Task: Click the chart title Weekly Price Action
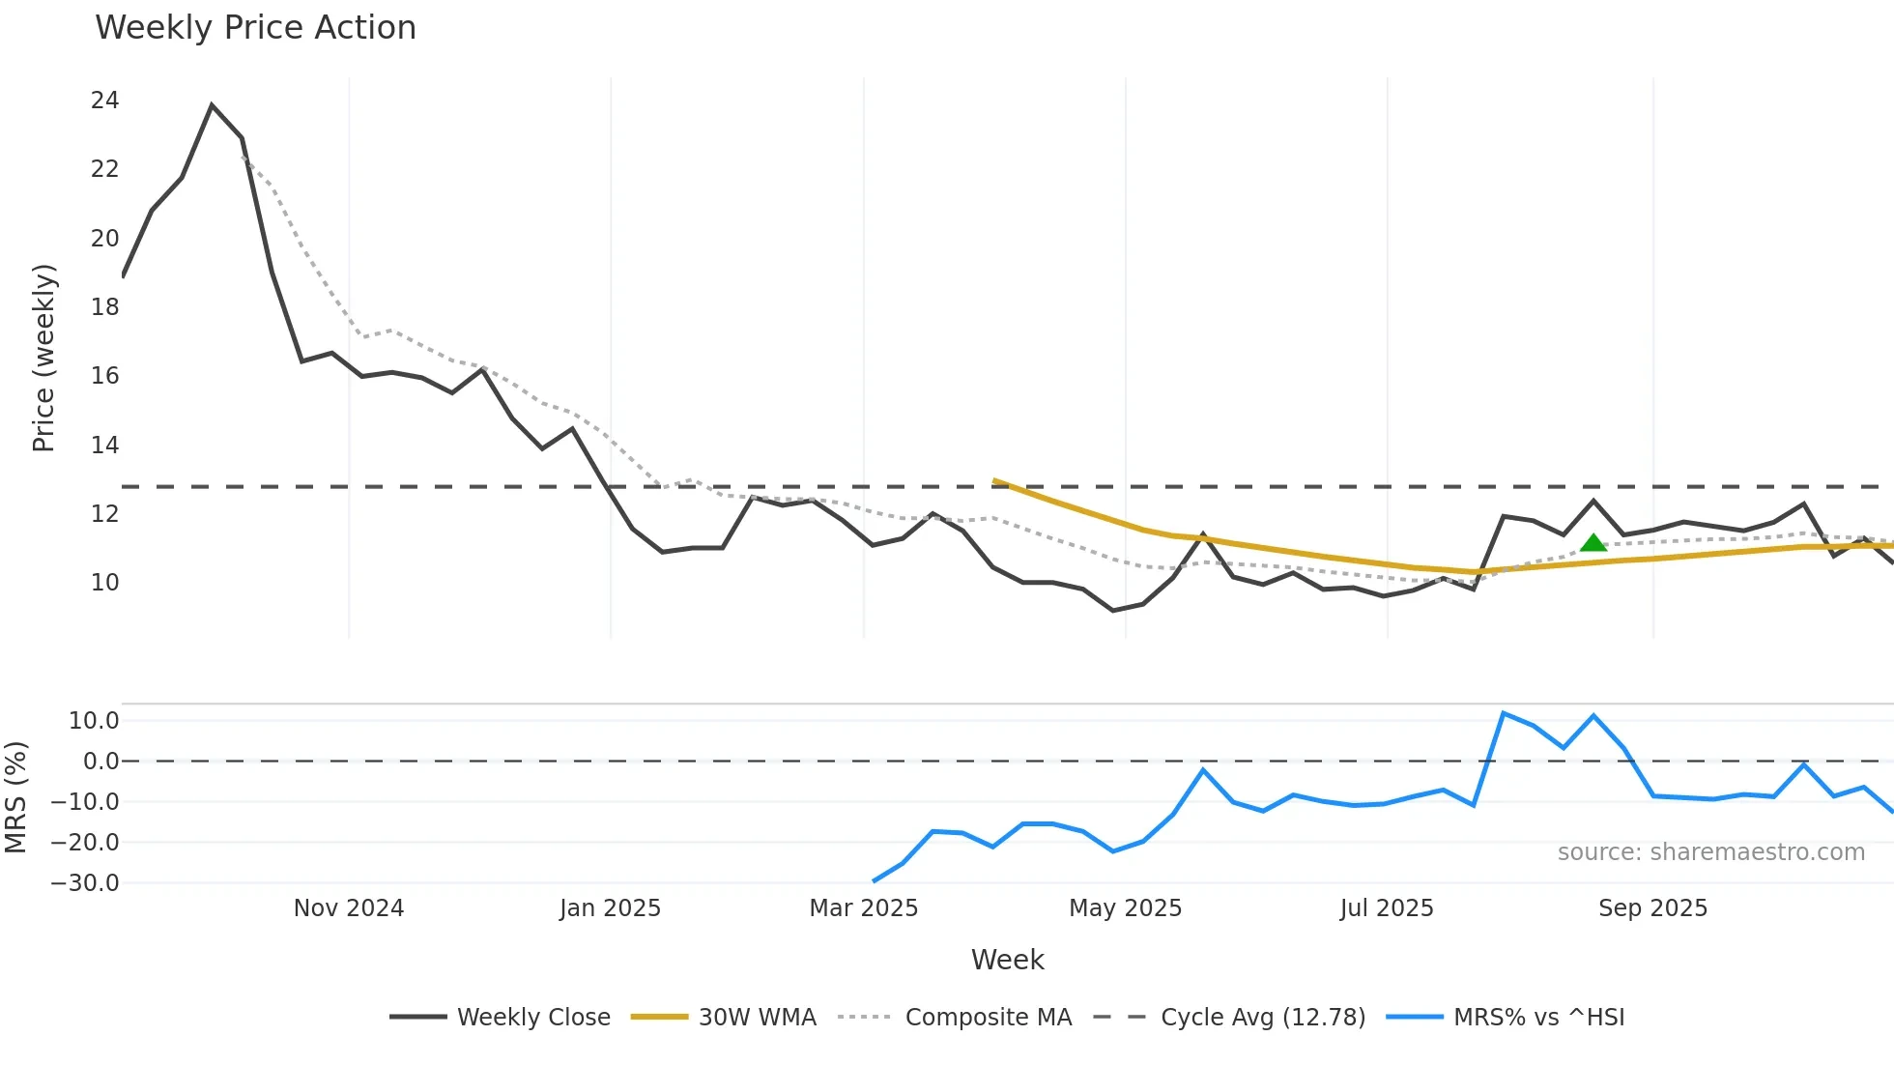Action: coord(255,28)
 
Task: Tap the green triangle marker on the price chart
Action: coord(1593,543)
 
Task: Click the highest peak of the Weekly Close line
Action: coord(212,105)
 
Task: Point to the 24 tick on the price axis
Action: coord(104,101)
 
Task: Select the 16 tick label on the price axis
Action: coord(104,376)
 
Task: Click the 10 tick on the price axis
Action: coord(104,583)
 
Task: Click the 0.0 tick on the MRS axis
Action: coord(100,762)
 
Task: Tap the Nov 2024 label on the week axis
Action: coord(349,908)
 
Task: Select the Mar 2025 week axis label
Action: coord(863,908)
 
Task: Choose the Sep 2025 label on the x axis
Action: coord(1652,908)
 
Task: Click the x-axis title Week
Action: coord(1007,960)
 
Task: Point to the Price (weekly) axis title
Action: coord(43,358)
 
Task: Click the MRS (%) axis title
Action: coord(15,797)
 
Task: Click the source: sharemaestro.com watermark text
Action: coord(1710,852)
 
